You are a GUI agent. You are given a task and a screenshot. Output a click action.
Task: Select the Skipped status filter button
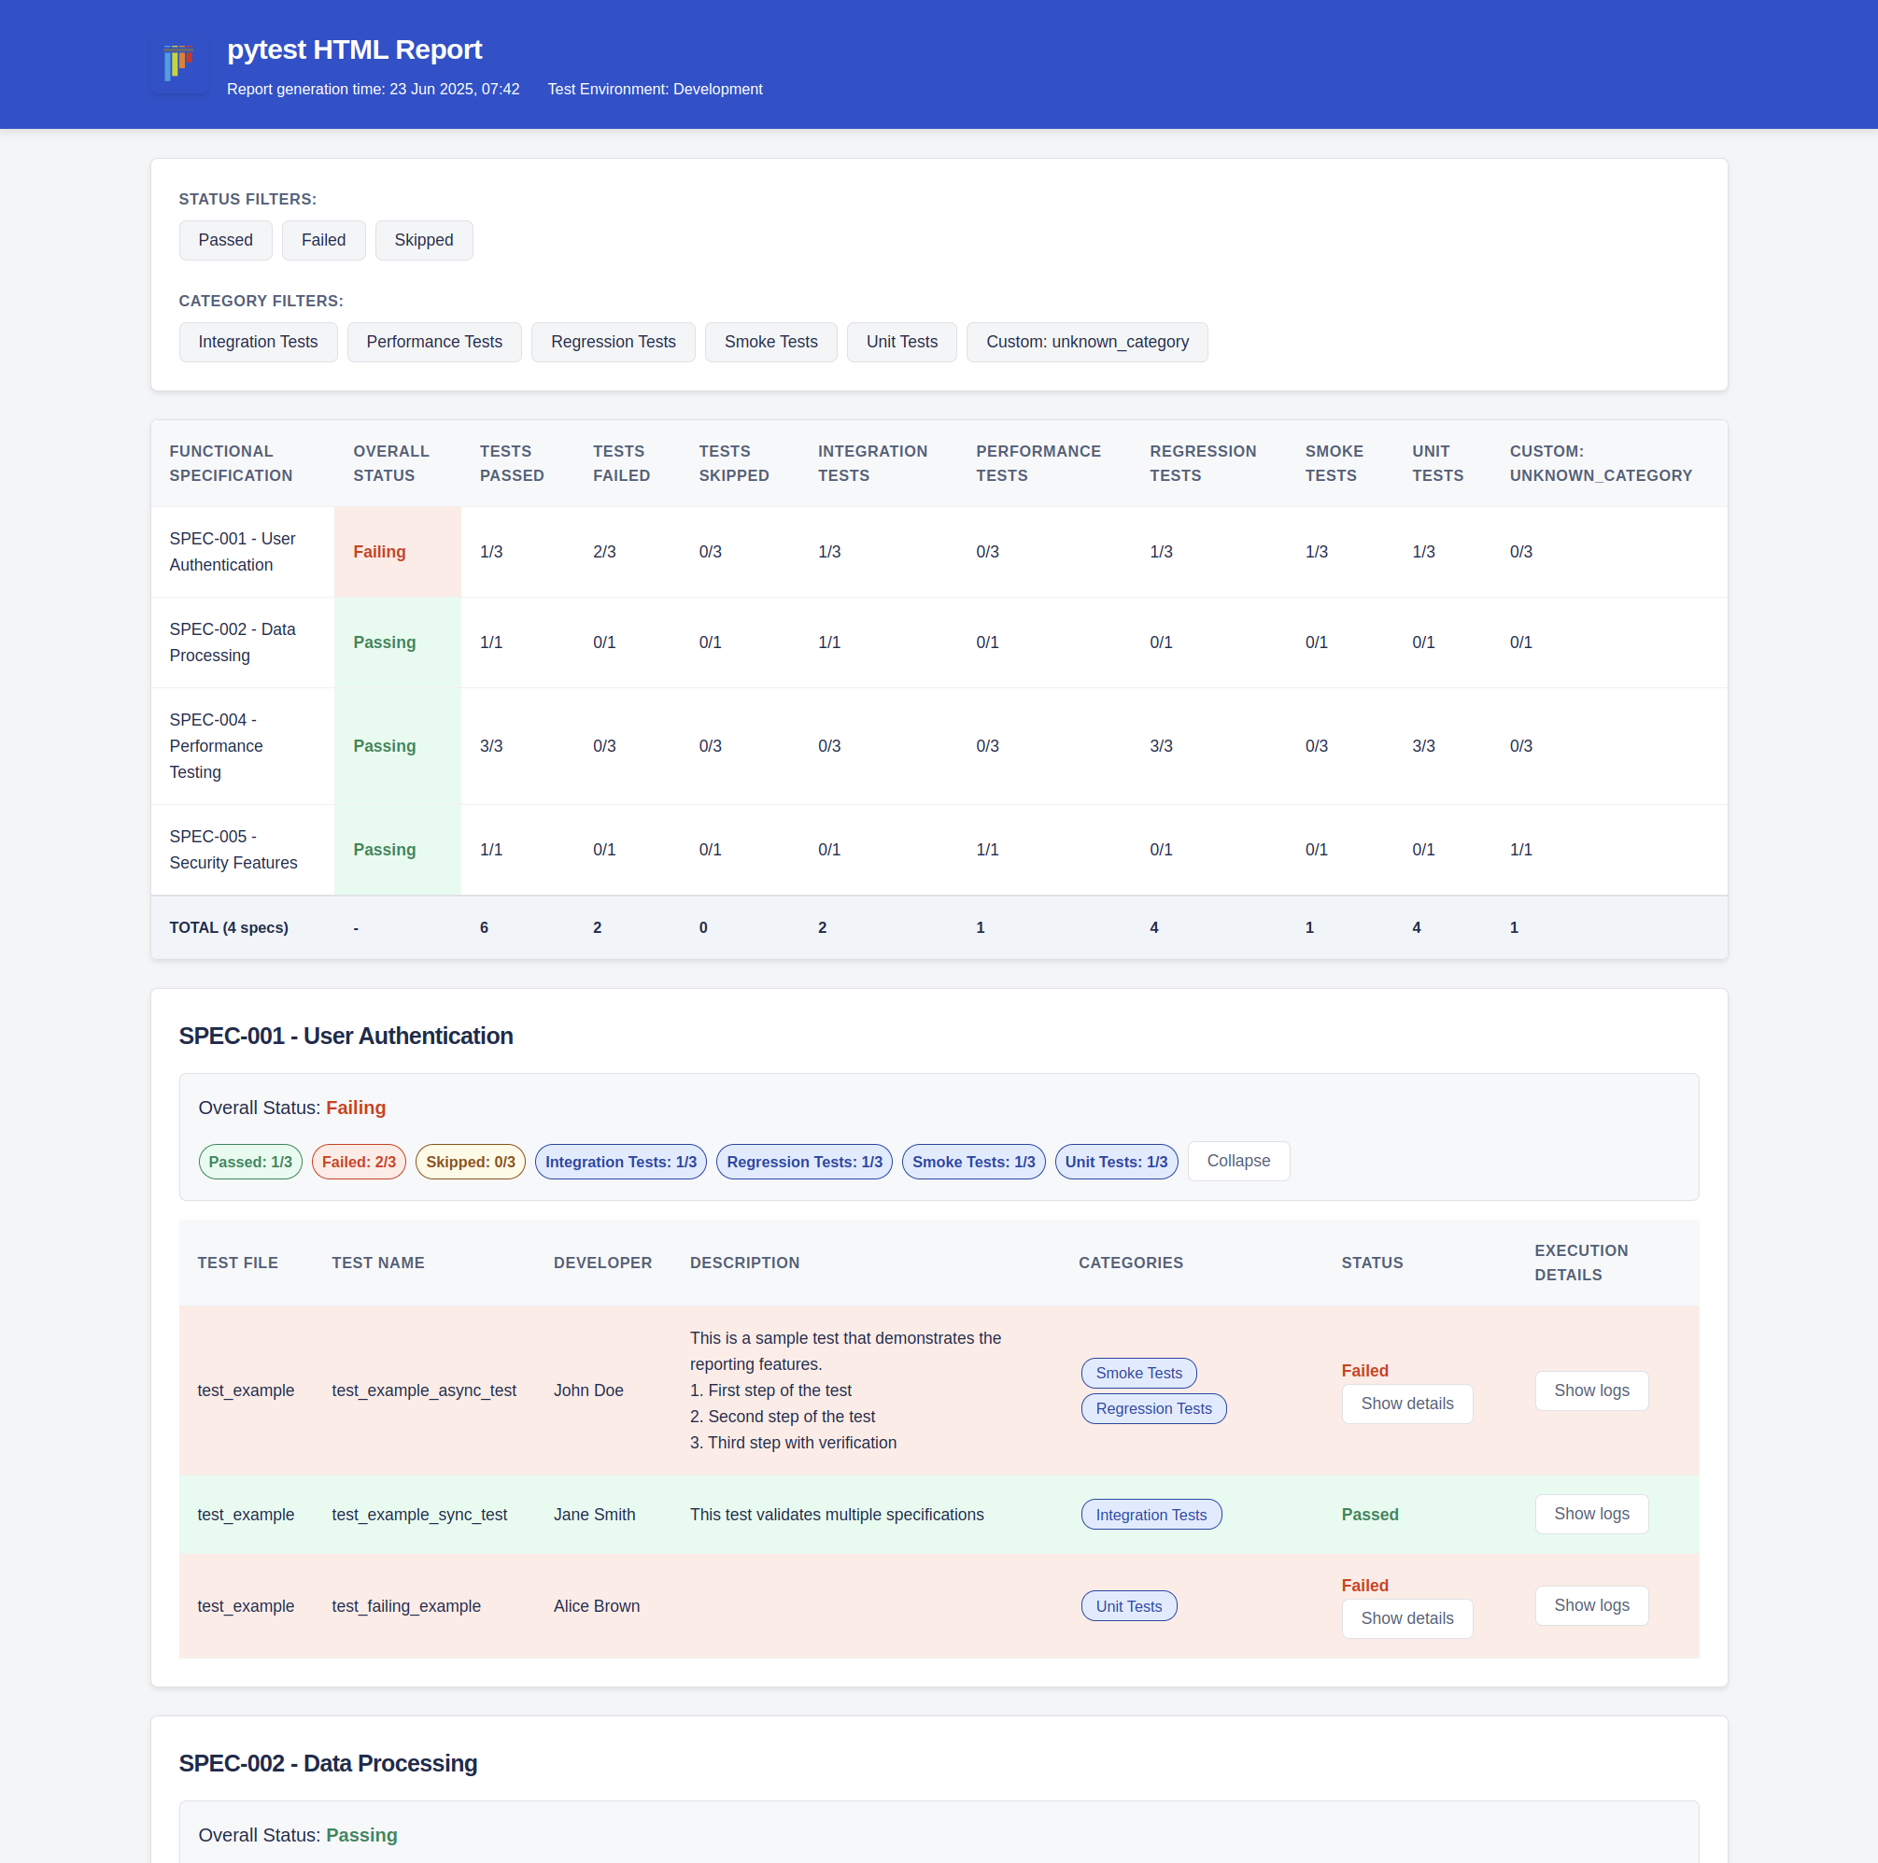pos(423,240)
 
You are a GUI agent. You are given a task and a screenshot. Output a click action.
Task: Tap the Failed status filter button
pos(323,240)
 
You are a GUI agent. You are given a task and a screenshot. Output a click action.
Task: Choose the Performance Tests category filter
pos(433,342)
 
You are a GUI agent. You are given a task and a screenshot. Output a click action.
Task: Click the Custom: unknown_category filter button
pos(1086,342)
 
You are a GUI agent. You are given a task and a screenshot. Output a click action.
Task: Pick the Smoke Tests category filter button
pos(770,342)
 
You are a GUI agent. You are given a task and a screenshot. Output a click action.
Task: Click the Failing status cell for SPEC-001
pos(379,552)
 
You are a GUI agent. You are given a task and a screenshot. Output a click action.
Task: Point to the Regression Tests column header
pos(1202,463)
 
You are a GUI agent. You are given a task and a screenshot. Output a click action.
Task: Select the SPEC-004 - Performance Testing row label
pos(216,746)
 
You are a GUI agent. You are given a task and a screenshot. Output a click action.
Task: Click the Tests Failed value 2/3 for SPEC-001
pos(603,552)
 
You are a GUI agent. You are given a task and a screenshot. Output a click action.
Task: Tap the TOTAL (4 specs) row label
pos(229,928)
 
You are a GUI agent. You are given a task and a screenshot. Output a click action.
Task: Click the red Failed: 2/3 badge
pos(359,1163)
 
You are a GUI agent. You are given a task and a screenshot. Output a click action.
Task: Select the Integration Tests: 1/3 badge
pos(620,1163)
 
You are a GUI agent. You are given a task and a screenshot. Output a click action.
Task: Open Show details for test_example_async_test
pos(1405,1404)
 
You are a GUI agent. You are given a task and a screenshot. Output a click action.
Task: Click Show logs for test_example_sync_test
pos(1590,1514)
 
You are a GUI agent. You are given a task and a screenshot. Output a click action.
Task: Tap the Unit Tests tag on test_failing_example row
pos(1127,1606)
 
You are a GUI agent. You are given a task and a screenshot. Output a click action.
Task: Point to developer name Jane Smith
pos(594,1515)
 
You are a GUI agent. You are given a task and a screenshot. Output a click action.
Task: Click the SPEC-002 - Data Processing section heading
pos(328,1764)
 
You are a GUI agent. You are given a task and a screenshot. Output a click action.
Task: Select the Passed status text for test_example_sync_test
pos(1369,1515)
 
